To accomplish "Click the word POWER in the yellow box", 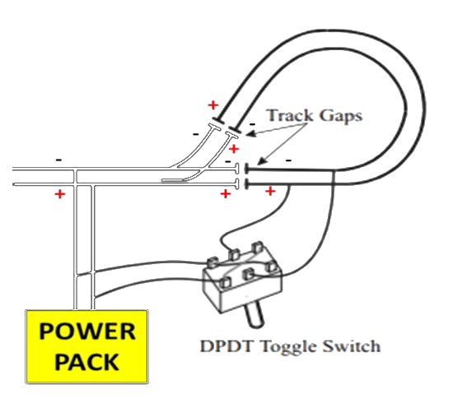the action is click(x=87, y=331).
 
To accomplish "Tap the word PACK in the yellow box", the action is click(x=87, y=361).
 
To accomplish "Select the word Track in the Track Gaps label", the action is click(x=290, y=115).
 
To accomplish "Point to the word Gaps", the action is click(x=341, y=116).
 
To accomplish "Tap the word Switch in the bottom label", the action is click(x=352, y=346).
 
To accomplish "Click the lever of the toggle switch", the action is click(x=255, y=315).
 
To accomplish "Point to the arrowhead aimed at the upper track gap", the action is click(x=250, y=134).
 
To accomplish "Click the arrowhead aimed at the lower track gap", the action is click(x=261, y=161).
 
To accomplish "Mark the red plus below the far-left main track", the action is click(x=60, y=194).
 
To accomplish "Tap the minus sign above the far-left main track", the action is click(x=58, y=160).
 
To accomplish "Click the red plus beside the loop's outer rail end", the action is click(x=213, y=105).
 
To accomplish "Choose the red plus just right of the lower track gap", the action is click(x=270, y=191).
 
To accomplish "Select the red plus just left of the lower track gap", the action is click(x=226, y=193).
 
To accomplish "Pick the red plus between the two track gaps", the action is click(x=234, y=149).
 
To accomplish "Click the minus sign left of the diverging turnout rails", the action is click(x=196, y=134).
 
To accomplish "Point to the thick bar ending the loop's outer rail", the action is click(x=218, y=121).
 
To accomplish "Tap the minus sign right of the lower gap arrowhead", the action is click(x=288, y=160).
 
